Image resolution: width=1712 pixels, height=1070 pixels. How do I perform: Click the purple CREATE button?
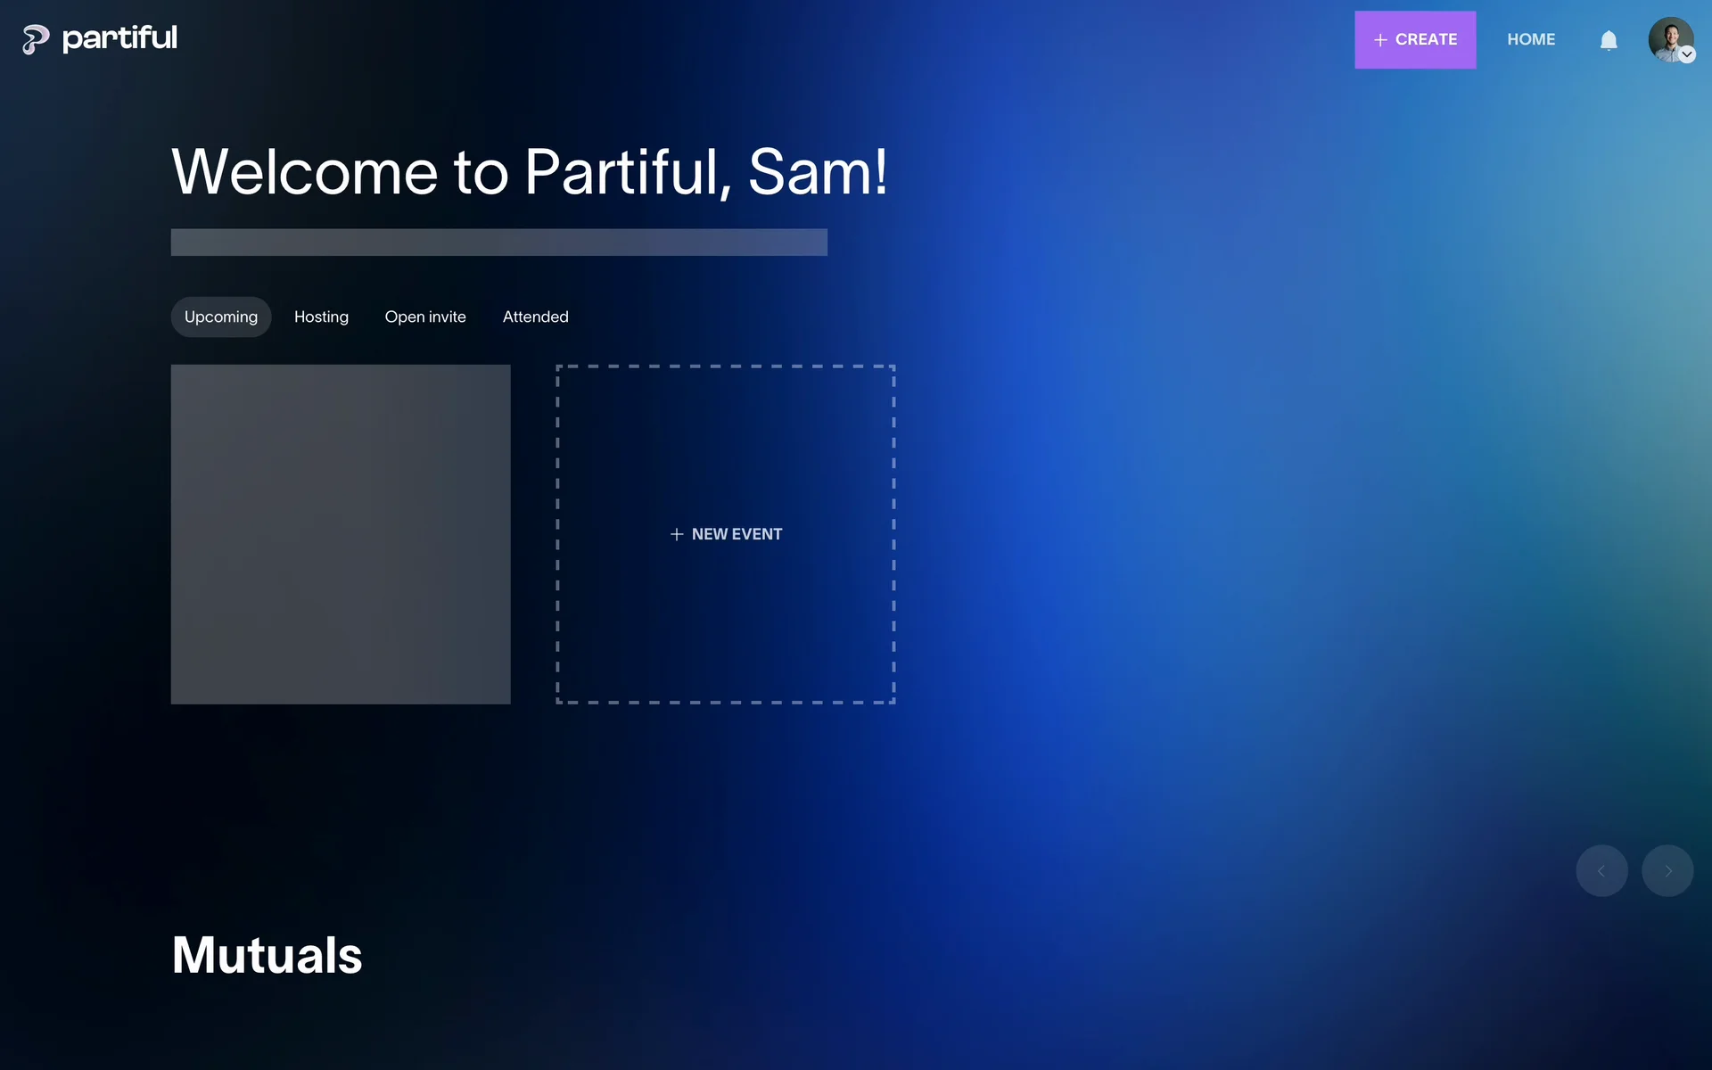pos(1415,40)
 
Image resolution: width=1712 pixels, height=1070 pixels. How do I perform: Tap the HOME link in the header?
pos(1531,40)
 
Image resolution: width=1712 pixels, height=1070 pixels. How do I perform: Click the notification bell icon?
pos(1609,41)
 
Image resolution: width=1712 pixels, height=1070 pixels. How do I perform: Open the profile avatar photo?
pos(1670,40)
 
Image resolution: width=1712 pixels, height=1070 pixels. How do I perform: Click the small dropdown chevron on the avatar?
pos(1687,55)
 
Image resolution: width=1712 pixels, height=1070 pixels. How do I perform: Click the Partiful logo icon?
pos(36,39)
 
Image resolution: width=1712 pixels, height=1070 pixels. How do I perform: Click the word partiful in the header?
pos(119,38)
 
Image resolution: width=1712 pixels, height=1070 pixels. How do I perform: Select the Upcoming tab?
pos(221,317)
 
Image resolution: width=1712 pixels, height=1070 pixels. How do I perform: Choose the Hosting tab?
pos(321,317)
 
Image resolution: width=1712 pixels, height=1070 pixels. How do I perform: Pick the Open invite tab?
pos(425,317)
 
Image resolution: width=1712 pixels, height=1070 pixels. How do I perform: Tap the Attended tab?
pos(535,317)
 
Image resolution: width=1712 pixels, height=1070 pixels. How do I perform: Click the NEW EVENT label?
pos(737,534)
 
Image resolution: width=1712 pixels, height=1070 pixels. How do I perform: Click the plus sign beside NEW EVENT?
pos(677,534)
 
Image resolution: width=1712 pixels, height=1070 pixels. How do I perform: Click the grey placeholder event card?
pos(341,534)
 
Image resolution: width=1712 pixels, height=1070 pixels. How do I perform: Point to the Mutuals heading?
pos(267,955)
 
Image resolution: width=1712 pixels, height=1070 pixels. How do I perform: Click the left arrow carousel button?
pos(1601,870)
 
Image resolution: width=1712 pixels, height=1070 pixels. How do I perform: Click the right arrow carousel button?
pos(1667,870)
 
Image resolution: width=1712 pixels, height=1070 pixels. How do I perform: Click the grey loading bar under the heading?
pos(499,243)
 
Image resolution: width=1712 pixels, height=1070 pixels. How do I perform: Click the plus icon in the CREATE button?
pos(1380,40)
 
